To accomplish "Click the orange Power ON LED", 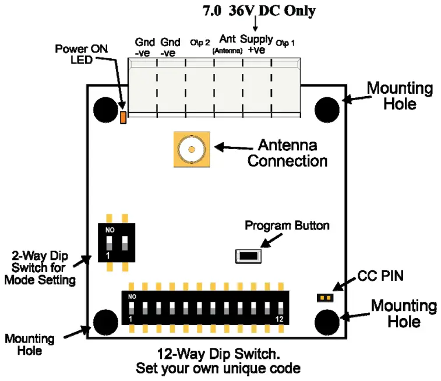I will (x=123, y=118).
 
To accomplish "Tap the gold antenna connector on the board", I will (x=190, y=150).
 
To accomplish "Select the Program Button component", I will (x=248, y=255).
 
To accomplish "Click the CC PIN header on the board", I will (x=324, y=298).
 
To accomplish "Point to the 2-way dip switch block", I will (x=119, y=242).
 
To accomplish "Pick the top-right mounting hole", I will (x=327, y=109).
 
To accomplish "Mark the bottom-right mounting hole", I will (x=327, y=322).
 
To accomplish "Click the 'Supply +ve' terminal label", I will (x=256, y=45).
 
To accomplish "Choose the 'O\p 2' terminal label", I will (x=199, y=43).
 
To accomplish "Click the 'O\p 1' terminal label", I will (x=285, y=43).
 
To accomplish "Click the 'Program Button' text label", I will (x=287, y=225).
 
